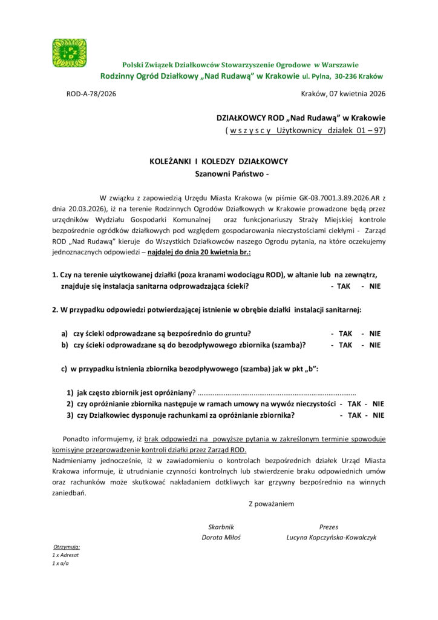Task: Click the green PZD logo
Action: point(69,53)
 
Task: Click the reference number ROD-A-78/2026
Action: point(91,94)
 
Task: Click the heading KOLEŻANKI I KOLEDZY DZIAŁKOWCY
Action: point(218,162)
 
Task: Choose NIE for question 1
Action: point(374,286)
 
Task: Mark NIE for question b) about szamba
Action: point(374,345)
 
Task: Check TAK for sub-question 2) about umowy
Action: point(355,404)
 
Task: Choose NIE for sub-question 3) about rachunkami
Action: point(378,415)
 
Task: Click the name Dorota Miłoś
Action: point(221,537)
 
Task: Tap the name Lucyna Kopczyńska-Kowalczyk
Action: point(332,537)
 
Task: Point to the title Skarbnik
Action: point(221,527)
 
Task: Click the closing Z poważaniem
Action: point(271,503)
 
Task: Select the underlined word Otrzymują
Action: point(67,546)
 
